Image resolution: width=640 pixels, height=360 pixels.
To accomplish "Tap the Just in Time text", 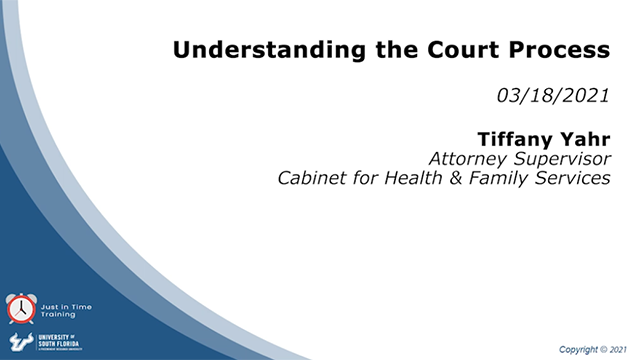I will coord(59,302).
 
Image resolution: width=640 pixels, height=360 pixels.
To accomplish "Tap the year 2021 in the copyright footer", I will coord(623,350).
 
